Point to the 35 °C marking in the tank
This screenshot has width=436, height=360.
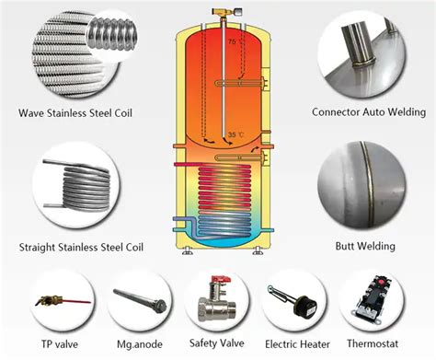(x=235, y=135)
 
